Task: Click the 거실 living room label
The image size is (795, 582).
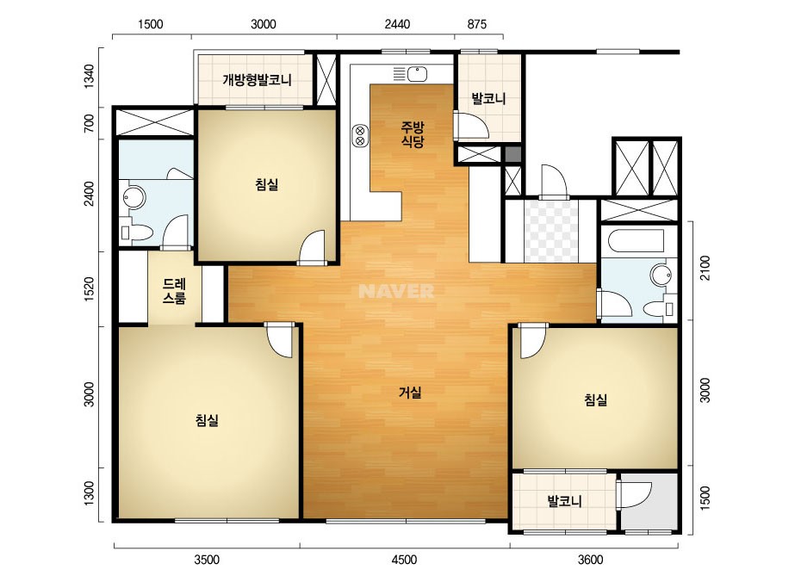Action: [x=410, y=393]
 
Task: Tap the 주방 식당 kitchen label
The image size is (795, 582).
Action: [x=413, y=134]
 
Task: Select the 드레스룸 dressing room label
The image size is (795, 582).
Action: [x=174, y=291]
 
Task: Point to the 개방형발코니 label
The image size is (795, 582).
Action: [x=257, y=80]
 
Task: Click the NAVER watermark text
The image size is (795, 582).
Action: [x=396, y=291]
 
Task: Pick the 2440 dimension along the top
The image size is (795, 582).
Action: [x=397, y=24]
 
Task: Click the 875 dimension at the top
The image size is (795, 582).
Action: [x=476, y=24]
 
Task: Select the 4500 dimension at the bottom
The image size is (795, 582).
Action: [x=404, y=560]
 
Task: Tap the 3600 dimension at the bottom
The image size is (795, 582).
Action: [x=591, y=560]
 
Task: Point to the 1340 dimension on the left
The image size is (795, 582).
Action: [x=89, y=77]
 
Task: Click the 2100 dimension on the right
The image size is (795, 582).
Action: [x=705, y=269]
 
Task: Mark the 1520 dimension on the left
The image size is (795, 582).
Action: [x=89, y=289]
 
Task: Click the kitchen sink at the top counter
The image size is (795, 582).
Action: [x=417, y=75]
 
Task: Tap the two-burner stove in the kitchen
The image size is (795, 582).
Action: [x=360, y=135]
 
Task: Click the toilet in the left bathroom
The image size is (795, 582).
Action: [x=137, y=232]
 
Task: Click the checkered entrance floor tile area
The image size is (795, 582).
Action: [x=551, y=231]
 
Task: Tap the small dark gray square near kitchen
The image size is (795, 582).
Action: [x=512, y=154]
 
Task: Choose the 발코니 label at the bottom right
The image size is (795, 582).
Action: [x=564, y=501]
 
